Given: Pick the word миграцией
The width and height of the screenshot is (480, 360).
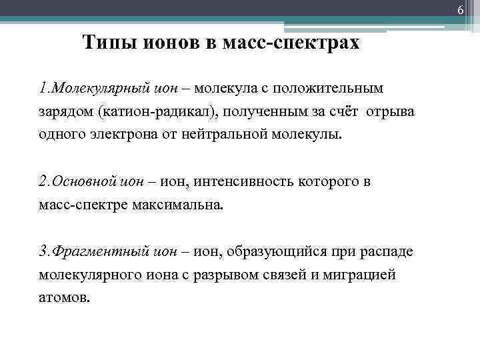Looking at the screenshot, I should pyautogui.click(x=358, y=274).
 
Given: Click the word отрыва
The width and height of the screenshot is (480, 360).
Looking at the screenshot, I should pyautogui.click(x=394, y=111).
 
